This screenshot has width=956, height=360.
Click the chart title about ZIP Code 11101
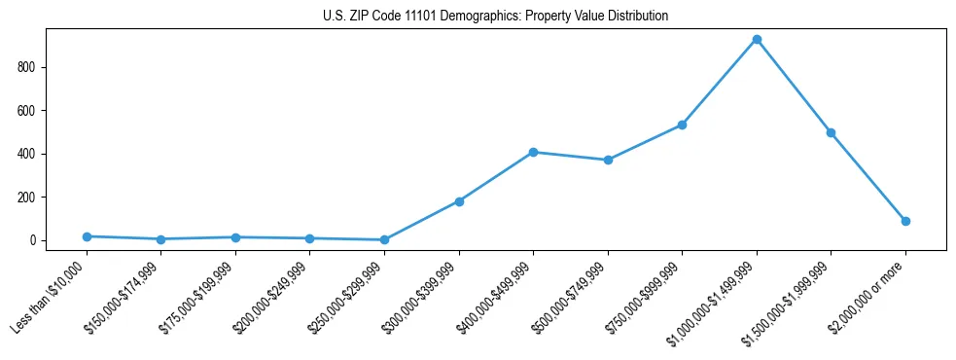click(495, 17)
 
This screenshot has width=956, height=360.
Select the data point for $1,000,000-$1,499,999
click(757, 40)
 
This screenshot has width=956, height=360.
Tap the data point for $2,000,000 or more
click(905, 221)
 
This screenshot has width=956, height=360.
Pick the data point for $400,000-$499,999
click(533, 152)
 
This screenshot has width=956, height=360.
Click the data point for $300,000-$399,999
click(459, 201)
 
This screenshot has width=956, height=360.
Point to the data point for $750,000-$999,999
click(682, 125)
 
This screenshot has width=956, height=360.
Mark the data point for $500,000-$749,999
click(608, 160)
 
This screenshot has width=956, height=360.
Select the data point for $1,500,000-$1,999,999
click(831, 132)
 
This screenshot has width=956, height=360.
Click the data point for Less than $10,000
click(87, 236)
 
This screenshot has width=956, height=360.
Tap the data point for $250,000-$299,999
click(384, 239)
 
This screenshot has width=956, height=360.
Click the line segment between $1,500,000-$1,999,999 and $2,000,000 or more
click(868, 177)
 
